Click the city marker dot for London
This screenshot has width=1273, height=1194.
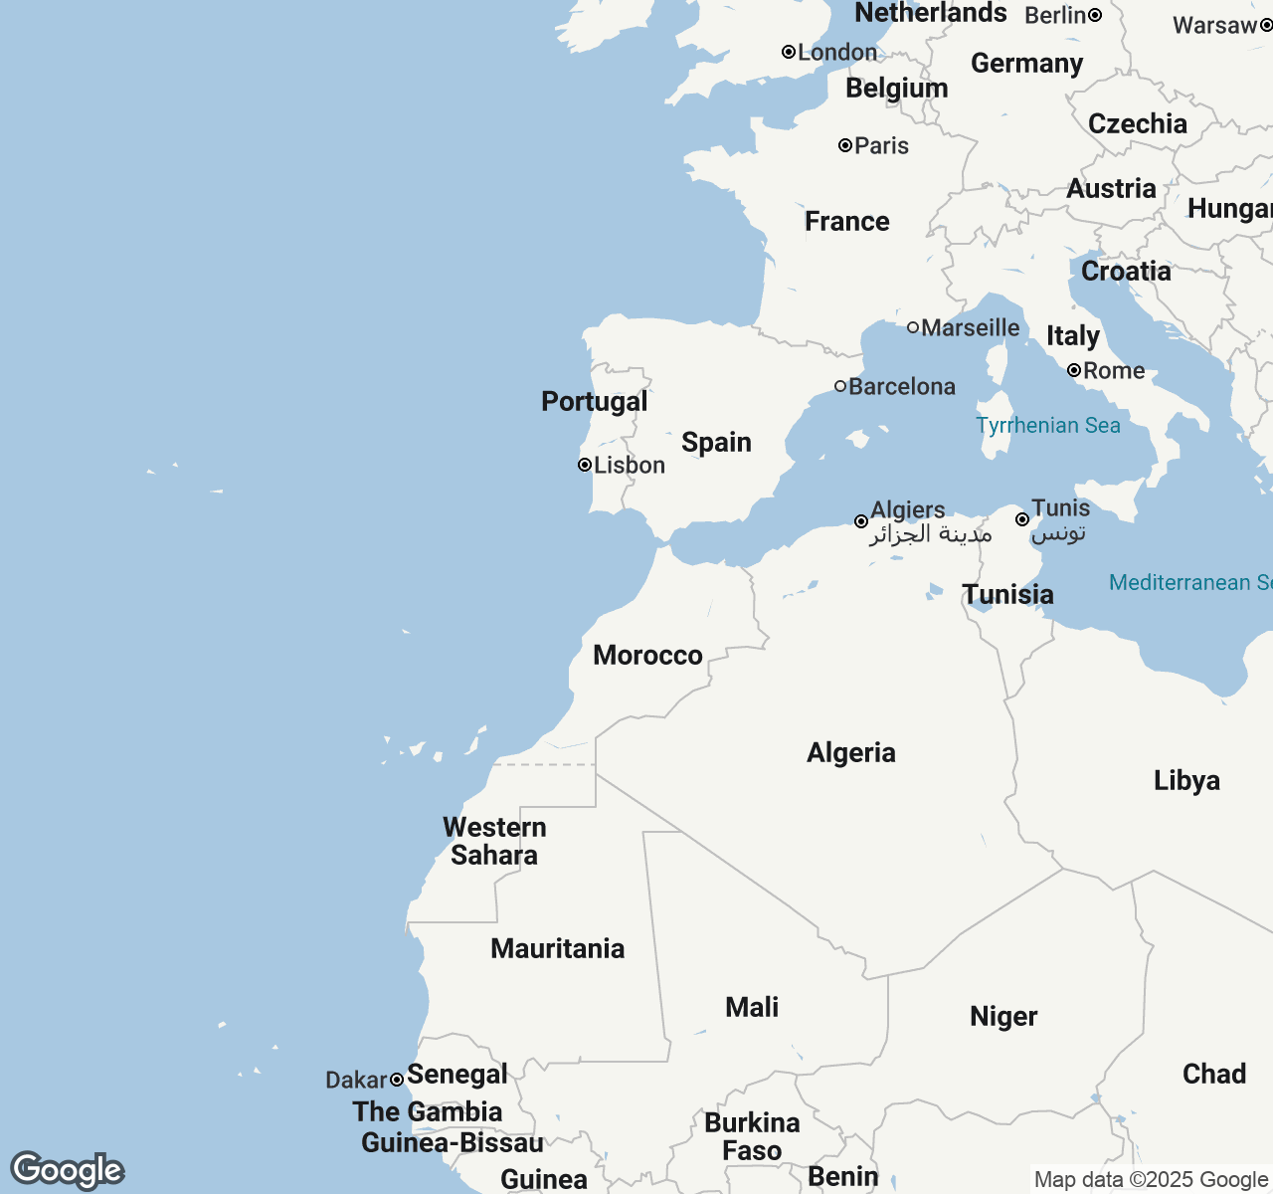(789, 52)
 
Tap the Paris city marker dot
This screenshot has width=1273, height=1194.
(845, 145)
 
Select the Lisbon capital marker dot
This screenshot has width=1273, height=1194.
(585, 465)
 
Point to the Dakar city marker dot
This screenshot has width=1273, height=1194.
(397, 1080)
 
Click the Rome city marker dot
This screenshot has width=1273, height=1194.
(1074, 370)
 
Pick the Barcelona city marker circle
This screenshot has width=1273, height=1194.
(840, 386)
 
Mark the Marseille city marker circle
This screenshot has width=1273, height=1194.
(913, 327)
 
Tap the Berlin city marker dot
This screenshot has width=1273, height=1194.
(1095, 15)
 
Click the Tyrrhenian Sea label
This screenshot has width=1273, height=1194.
(1048, 426)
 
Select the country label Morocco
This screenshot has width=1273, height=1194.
(647, 655)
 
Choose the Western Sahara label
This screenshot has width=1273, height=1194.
(494, 841)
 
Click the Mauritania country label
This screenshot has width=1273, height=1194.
(557, 948)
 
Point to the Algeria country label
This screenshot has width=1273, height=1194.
(851, 752)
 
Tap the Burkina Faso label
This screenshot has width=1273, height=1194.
(752, 1136)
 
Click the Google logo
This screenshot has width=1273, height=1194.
(68, 1170)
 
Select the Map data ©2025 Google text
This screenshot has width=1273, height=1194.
(1151, 1180)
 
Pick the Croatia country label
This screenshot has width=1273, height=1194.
(1126, 271)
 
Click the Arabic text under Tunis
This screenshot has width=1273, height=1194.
(1058, 534)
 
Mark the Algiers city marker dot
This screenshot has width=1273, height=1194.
(861, 521)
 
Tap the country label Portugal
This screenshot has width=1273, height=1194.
(594, 401)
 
